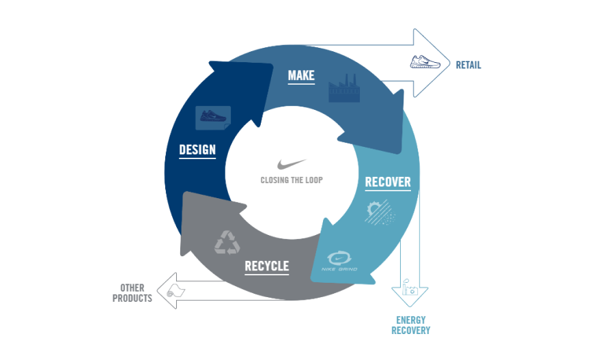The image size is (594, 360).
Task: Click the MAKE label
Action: [x=301, y=75]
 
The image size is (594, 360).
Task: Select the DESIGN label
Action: [x=197, y=150]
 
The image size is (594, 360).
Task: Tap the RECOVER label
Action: [x=388, y=182]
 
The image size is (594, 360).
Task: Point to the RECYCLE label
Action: [x=266, y=266]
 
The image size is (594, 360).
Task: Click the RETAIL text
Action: [x=468, y=66]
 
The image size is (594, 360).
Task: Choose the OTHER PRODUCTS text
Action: [x=132, y=293]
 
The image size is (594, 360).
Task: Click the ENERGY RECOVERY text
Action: [x=410, y=325]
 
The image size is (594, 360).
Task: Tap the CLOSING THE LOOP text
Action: [x=292, y=180]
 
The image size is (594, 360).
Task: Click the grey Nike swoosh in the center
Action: [x=292, y=164]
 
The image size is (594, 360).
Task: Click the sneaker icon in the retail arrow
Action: [x=426, y=62]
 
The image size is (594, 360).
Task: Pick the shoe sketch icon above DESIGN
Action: [x=212, y=116]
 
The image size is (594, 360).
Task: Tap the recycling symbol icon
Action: [x=227, y=242]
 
